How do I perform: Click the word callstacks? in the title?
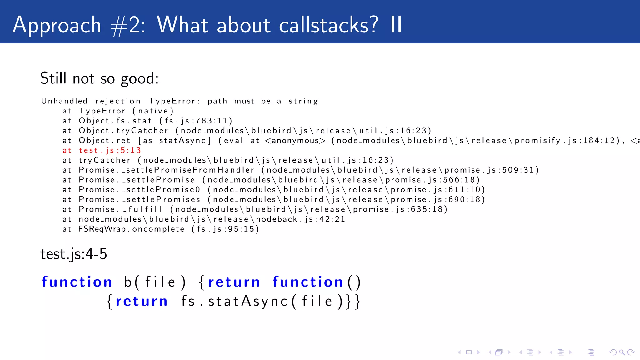(328, 25)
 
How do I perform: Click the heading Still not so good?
(99, 78)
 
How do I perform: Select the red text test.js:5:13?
(110, 150)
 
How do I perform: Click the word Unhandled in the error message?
(64, 101)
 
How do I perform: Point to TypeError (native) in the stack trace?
(126, 111)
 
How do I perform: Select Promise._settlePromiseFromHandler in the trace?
(167, 170)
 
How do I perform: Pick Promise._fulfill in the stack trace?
(120, 209)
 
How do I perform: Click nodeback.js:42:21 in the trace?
(300, 219)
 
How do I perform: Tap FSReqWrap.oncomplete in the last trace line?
(131, 229)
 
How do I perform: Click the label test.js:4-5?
(74, 254)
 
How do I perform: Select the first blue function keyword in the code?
(77, 282)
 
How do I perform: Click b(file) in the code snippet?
(155, 282)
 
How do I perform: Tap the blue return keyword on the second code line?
(142, 301)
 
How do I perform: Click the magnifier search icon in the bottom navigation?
(622, 352)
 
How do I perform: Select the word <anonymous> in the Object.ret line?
(295, 141)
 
